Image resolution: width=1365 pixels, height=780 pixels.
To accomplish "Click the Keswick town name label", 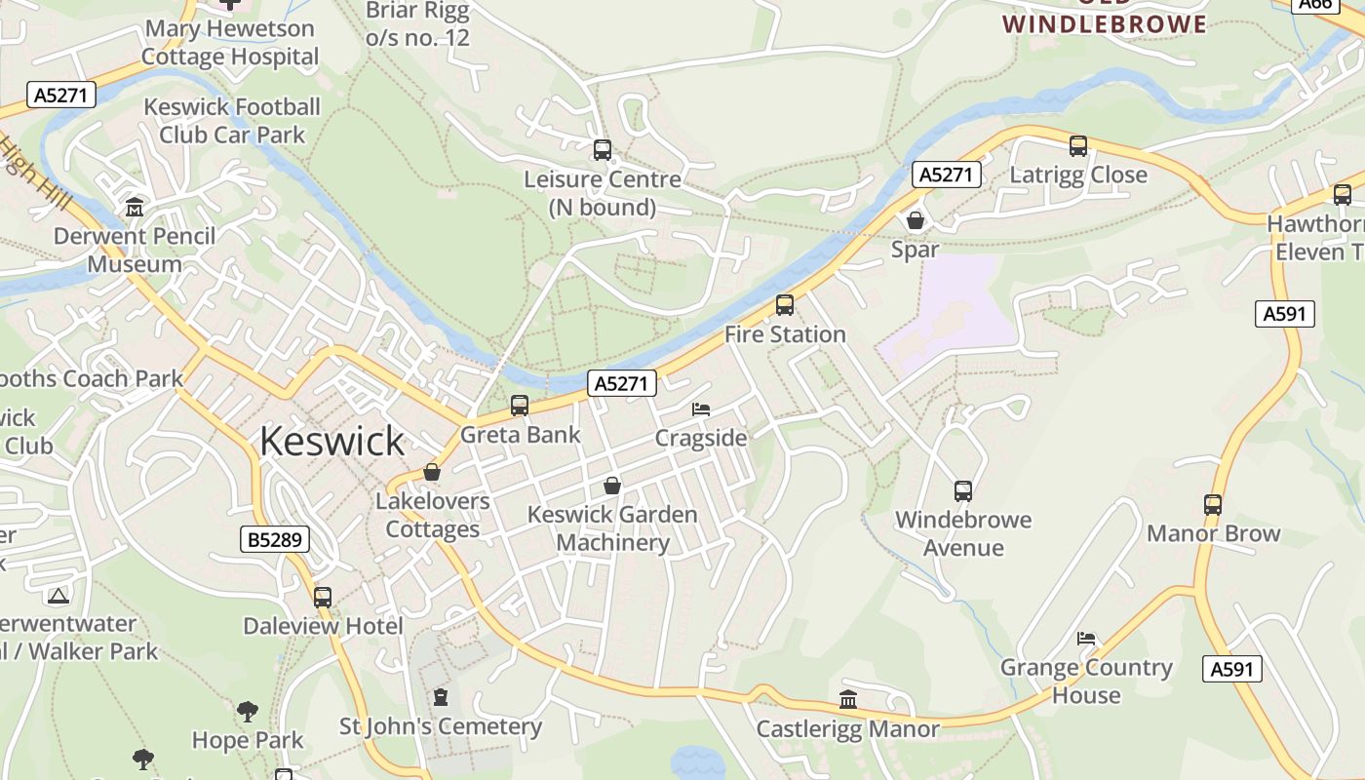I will point(331,442).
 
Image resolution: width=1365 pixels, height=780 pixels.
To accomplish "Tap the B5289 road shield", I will point(275,539).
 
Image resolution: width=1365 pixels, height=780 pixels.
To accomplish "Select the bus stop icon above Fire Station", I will point(785,305).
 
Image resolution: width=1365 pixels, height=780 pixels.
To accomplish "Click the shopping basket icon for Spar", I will point(916,220).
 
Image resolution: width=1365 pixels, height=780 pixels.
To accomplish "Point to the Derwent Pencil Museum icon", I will point(134,207).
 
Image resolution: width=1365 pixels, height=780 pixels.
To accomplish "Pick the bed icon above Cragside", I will point(701,409).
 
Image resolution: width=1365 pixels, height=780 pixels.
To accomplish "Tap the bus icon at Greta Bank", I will point(520,405).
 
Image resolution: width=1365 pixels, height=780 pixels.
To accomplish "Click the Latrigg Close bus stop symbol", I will point(1078,146).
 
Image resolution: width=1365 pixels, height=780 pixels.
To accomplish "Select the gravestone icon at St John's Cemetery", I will point(440,697).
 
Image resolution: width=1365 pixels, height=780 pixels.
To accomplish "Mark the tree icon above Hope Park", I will point(248,711).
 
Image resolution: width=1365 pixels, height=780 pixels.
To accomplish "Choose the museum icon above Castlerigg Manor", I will point(848,700).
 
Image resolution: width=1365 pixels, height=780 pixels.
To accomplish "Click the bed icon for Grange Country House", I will point(1086,639).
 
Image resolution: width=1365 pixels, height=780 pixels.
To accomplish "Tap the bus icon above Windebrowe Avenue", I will point(963,490).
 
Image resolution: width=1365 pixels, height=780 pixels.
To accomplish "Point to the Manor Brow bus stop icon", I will point(1213,505).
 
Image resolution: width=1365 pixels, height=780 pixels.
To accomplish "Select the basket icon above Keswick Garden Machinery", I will point(612,485).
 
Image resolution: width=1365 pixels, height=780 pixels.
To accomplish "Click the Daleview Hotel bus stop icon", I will point(323,597).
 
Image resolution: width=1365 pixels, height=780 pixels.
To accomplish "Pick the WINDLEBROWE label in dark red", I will point(1105,24).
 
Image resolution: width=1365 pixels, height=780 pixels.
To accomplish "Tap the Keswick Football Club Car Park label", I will point(232,121).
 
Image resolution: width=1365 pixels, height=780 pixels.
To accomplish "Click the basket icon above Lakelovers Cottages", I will point(432,472).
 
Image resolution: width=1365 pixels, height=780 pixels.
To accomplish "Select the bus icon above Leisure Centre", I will point(603,150).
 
